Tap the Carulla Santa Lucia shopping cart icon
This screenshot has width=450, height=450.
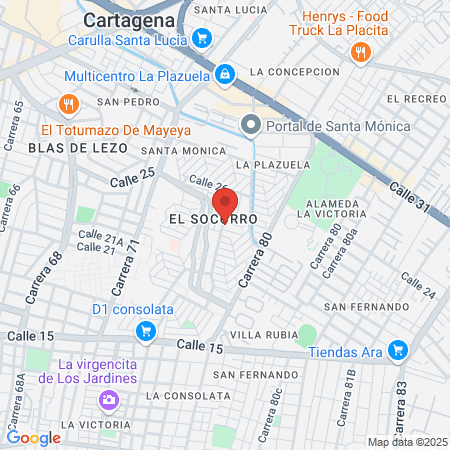click(202, 41)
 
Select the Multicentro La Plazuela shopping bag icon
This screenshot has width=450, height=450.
click(226, 75)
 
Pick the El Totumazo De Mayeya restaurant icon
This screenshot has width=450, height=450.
click(68, 103)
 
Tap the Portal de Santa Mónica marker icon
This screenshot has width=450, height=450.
click(250, 125)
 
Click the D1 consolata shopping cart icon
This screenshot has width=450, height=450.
click(146, 330)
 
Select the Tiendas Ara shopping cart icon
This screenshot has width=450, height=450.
click(399, 351)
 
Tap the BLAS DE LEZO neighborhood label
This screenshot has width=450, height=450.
click(78, 147)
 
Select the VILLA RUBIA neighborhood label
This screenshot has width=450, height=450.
click(260, 333)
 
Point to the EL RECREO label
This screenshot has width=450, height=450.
click(415, 98)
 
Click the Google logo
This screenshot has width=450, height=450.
click(33, 438)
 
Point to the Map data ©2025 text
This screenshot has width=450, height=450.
click(407, 442)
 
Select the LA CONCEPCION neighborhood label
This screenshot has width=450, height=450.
click(296, 72)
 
